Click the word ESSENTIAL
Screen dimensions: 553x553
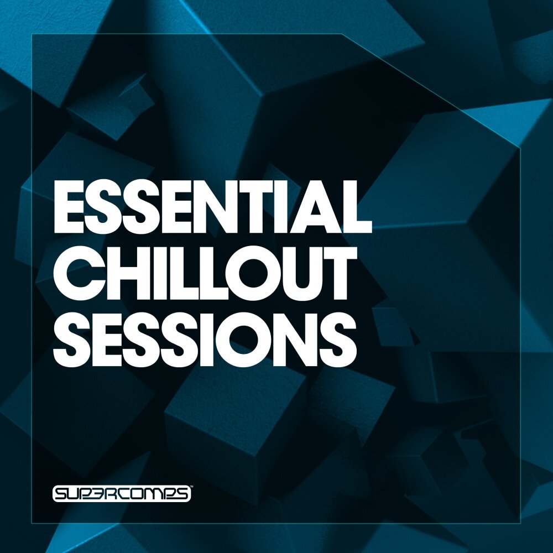[213, 208]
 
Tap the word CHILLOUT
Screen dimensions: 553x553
[202, 273]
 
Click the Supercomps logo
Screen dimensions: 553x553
[122, 493]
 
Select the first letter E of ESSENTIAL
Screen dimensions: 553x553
[69, 208]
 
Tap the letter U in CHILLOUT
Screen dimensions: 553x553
[291, 273]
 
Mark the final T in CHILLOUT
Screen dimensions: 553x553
[333, 273]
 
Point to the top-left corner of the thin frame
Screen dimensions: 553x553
[32, 34]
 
